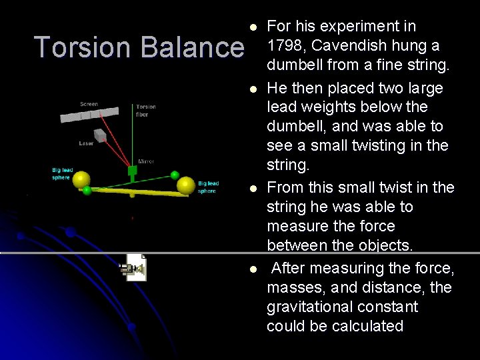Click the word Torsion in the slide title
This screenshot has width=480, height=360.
[x=74, y=47]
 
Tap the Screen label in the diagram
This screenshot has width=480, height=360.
[x=89, y=104]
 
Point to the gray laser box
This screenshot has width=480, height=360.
[x=100, y=135]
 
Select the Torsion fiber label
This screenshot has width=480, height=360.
[x=146, y=110]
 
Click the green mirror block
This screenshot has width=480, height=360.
[x=133, y=171]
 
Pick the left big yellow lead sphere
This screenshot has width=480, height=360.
[x=81, y=180]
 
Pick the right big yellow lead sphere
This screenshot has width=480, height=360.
[x=187, y=185]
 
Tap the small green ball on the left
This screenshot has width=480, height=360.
[x=87, y=191]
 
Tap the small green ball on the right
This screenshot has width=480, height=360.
[x=175, y=175]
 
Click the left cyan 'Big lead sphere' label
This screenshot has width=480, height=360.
[x=62, y=174]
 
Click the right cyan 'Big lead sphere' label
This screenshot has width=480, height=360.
[x=207, y=187]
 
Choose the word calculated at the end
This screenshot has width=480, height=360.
[x=369, y=326]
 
